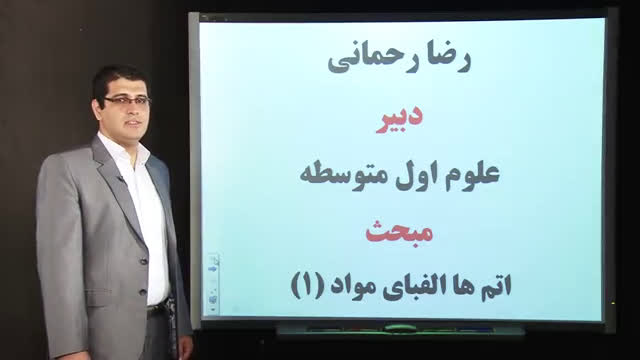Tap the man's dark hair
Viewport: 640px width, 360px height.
118,78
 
